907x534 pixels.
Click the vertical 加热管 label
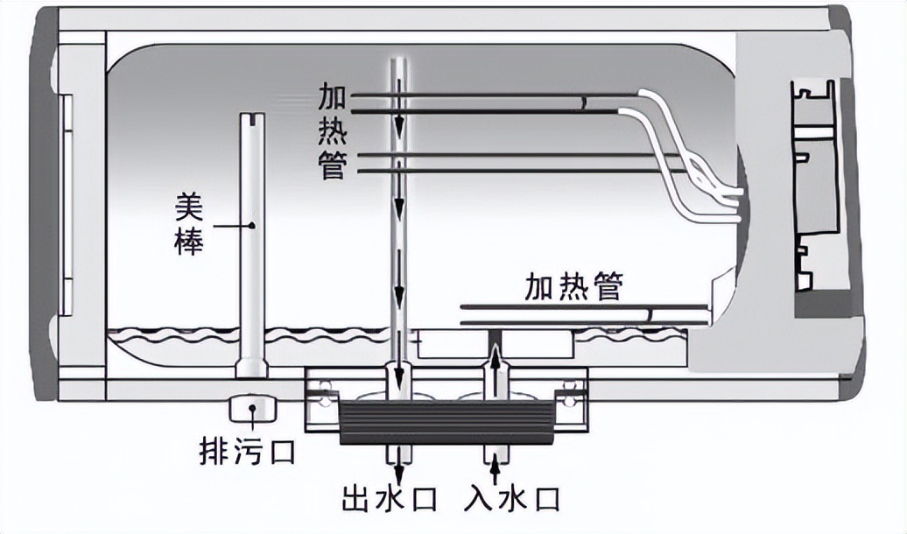click(332, 130)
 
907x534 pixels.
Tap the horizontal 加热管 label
click(573, 286)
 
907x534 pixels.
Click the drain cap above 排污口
click(252, 408)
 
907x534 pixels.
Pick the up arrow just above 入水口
click(495, 463)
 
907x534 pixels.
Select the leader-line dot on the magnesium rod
click(252, 226)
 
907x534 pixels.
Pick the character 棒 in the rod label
click(188, 242)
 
